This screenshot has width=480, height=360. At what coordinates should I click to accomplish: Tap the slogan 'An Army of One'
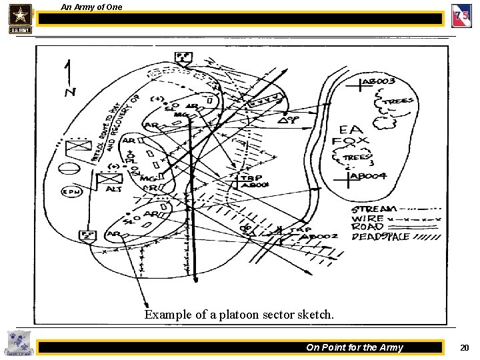pos(91,7)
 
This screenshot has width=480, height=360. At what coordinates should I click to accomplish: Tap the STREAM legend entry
pos(374,209)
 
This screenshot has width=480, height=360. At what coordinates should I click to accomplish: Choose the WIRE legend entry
pos(367,218)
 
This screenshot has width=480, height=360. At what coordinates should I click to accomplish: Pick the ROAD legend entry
pos(367,227)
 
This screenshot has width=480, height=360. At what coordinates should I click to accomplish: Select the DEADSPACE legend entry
pos(380,236)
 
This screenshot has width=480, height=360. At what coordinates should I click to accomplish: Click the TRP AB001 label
pos(254,181)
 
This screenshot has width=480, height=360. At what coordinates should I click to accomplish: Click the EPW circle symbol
pos(71,192)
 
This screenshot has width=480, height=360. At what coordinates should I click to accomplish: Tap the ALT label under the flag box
pos(114,189)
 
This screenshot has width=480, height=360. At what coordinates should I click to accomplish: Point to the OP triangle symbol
pos(287,121)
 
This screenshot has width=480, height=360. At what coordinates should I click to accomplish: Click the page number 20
pos(464,347)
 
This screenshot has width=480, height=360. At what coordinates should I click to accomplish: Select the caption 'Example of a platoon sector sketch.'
pos(239,315)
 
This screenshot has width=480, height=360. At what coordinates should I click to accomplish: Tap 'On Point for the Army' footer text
pos(354,347)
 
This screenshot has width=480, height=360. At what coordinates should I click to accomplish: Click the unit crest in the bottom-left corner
pos(17,344)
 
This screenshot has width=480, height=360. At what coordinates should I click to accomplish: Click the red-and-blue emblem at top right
pos(461,16)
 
